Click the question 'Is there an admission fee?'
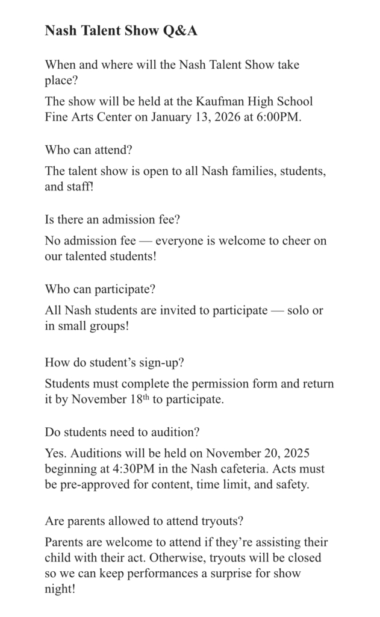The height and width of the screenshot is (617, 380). pyautogui.click(x=112, y=219)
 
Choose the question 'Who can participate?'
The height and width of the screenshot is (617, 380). pyautogui.click(x=100, y=289)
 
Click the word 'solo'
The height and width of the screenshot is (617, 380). pyautogui.click(x=299, y=310)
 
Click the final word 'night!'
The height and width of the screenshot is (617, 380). pyautogui.click(x=60, y=589)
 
